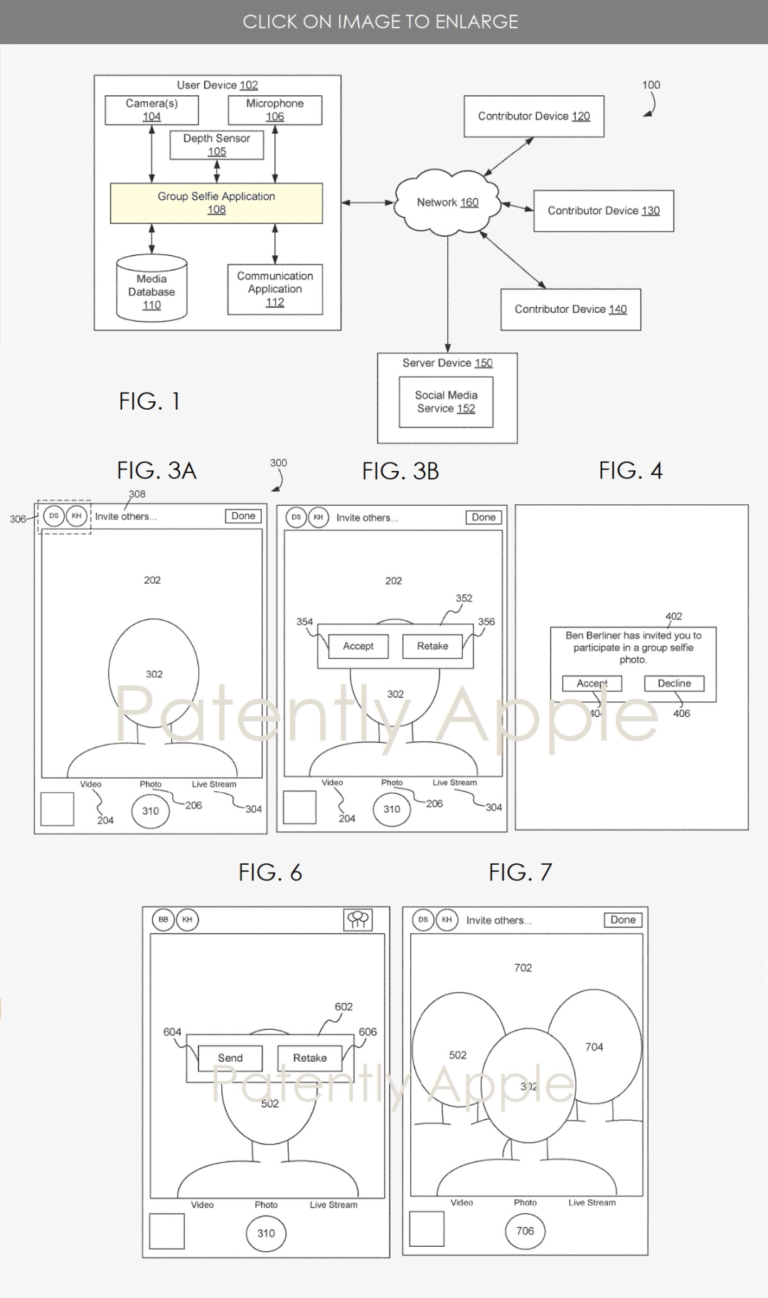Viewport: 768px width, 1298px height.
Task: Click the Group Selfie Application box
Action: tap(216, 203)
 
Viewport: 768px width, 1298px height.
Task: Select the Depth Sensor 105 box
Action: tap(217, 145)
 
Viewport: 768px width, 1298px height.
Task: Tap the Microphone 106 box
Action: tap(274, 110)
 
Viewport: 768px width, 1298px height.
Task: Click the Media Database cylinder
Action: tap(151, 288)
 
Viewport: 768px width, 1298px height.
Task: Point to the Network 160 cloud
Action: tap(447, 203)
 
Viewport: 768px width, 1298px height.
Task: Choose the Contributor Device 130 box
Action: tap(603, 211)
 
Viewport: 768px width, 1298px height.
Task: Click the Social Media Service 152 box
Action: tap(446, 402)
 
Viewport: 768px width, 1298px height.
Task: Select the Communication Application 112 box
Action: tap(274, 289)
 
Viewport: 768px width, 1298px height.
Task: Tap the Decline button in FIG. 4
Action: tap(674, 683)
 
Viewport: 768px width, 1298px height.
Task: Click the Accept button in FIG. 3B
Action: tap(358, 646)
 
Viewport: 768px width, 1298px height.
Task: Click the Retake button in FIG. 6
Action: tap(309, 1058)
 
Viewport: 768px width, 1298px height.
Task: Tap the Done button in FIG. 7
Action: tap(622, 920)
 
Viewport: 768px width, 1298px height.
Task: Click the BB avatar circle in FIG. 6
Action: tap(164, 920)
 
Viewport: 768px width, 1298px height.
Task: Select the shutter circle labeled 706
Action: tap(525, 1231)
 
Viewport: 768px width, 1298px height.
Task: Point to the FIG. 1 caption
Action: tap(149, 401)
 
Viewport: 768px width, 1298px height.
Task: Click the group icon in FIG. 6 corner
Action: tap(358, 920)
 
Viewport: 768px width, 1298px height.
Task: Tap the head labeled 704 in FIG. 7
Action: tap(594, 1046)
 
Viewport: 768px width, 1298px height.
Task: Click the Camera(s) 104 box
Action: tap(151, 110)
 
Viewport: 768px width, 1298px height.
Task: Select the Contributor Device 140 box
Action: tap(570, 309)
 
